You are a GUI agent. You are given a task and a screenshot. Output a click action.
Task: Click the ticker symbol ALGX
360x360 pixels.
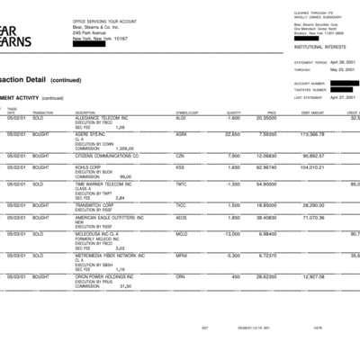pos(181,118)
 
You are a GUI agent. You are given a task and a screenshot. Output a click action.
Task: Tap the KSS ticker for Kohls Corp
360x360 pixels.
pos(179,167)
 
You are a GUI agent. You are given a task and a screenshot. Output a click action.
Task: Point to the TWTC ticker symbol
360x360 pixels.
pos(181,184)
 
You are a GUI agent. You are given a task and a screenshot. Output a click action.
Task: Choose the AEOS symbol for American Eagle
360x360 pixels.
pos(181,217)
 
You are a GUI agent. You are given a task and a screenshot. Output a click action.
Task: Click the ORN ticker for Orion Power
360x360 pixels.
pos(180,275)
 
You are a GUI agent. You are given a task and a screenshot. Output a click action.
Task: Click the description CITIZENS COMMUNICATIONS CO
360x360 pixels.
pos(107,155)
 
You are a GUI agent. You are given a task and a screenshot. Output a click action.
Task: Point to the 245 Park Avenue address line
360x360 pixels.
pos(89,34)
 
